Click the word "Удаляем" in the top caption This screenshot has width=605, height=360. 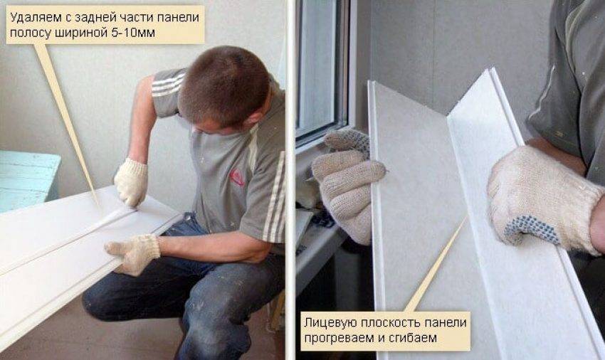[x=31, y=18]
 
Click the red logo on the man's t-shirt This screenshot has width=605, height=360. [x=237, y=177]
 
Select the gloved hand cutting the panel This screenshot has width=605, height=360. [x=131, y=181]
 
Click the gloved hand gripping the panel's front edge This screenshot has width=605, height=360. [x=134, y=253]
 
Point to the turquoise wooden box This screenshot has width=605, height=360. [x=27, y=180]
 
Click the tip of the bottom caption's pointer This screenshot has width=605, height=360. [x=467, y=217]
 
